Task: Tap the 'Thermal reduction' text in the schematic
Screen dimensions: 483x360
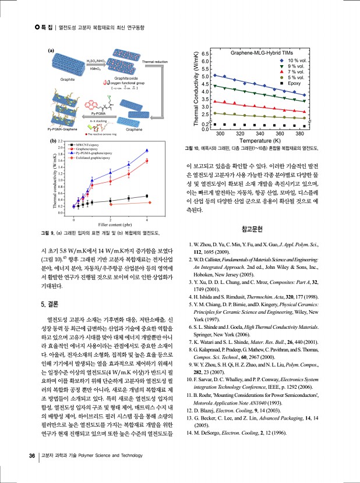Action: click(154, 61)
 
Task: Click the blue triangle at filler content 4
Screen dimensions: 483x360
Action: click(147, 151)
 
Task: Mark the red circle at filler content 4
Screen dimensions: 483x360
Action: click(147, 161)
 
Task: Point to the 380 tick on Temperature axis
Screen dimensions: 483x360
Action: click(301, 134)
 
